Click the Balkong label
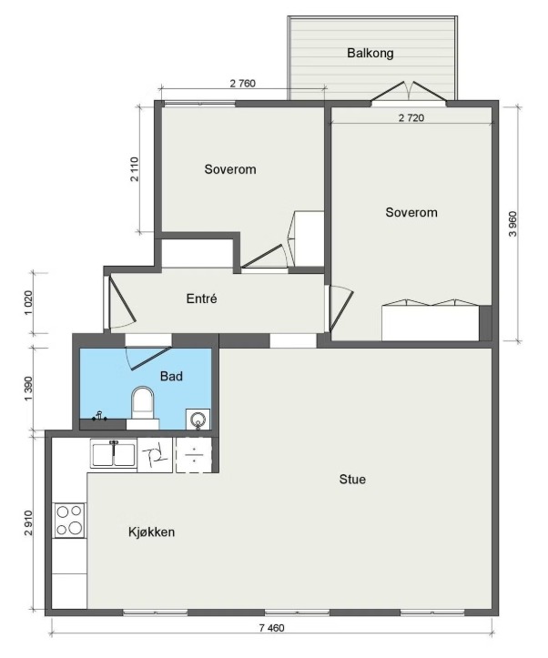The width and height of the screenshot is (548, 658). (x=370, y=54)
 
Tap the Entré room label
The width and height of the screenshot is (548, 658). (x=201, y=299)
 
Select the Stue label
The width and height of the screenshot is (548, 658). (x=352, y=480)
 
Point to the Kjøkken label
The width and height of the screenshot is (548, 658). (x=151, y=532)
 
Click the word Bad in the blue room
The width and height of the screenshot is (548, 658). (x=172, y=376)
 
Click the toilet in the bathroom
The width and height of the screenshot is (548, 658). (x=143, y=407)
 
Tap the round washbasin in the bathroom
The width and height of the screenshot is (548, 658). (x=198, y=420)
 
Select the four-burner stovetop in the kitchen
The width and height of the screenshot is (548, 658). (x=70, y=521)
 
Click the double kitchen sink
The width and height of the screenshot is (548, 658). (x=114, y=454)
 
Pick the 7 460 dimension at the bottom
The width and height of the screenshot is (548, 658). (x=272, y=628)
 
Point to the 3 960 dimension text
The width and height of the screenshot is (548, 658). (x=512, y=224)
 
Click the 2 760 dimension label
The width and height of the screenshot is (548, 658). (x=242, y=83)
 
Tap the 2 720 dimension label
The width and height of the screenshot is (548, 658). (x=411, y=118)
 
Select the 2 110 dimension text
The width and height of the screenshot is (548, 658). (x=134, y=168)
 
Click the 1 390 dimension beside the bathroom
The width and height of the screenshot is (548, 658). (x=28, y=389)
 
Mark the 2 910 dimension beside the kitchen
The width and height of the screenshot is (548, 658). (x=28, y=523)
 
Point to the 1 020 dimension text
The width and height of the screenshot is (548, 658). (x=28, y=303)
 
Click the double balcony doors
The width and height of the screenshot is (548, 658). (x=409, y=92)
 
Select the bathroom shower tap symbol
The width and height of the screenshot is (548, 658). (x=99, y=416)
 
